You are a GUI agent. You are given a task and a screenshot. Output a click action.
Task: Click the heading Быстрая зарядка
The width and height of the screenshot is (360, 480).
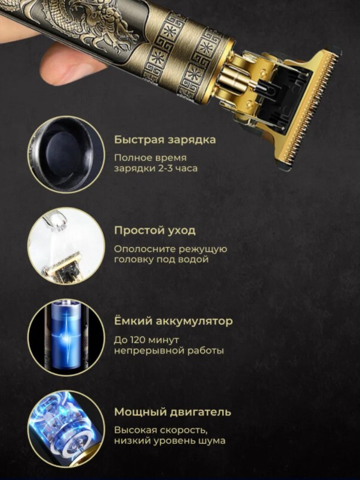click(165, 140)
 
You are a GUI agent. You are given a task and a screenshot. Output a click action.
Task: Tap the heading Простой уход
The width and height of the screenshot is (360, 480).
click(155, 230)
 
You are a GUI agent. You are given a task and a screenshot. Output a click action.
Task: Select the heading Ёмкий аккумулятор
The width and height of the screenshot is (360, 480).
click(173, 321)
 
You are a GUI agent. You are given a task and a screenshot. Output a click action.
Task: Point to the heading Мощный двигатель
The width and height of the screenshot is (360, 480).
click(173, 412)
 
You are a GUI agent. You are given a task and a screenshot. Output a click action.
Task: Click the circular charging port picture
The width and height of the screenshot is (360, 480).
click(66, 154)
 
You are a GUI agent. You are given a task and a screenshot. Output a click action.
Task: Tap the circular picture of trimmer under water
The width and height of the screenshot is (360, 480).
click(66, 245)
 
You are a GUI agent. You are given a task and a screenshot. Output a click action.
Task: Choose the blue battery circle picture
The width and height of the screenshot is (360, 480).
click(66, 337)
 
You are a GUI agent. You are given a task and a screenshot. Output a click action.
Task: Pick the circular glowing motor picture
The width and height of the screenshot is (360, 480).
click(66, 428)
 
